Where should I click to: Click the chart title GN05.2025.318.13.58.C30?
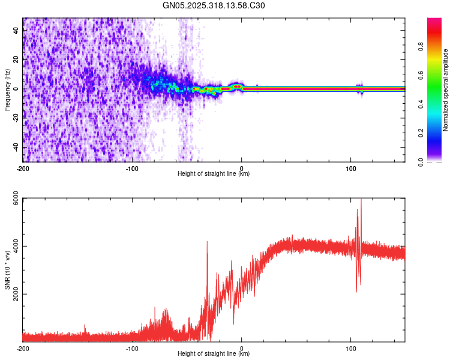click(x=214, y=5)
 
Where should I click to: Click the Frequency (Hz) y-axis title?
click(x=7, y=89)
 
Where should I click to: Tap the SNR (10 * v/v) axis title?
click(x=7, y=270)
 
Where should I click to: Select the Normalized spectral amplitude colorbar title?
click(x=446, y=89)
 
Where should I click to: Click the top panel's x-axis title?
click(x=214, y=173)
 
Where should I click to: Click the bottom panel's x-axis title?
click(x=214, y=353)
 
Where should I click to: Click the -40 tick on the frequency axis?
click(x=15, y=148)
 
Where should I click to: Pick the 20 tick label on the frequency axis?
click(x=16, y=59)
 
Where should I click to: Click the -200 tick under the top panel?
click(x=23, y=167)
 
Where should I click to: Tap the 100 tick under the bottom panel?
click(x=351, y=347)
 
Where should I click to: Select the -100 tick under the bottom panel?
click(x=132, y=347)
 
